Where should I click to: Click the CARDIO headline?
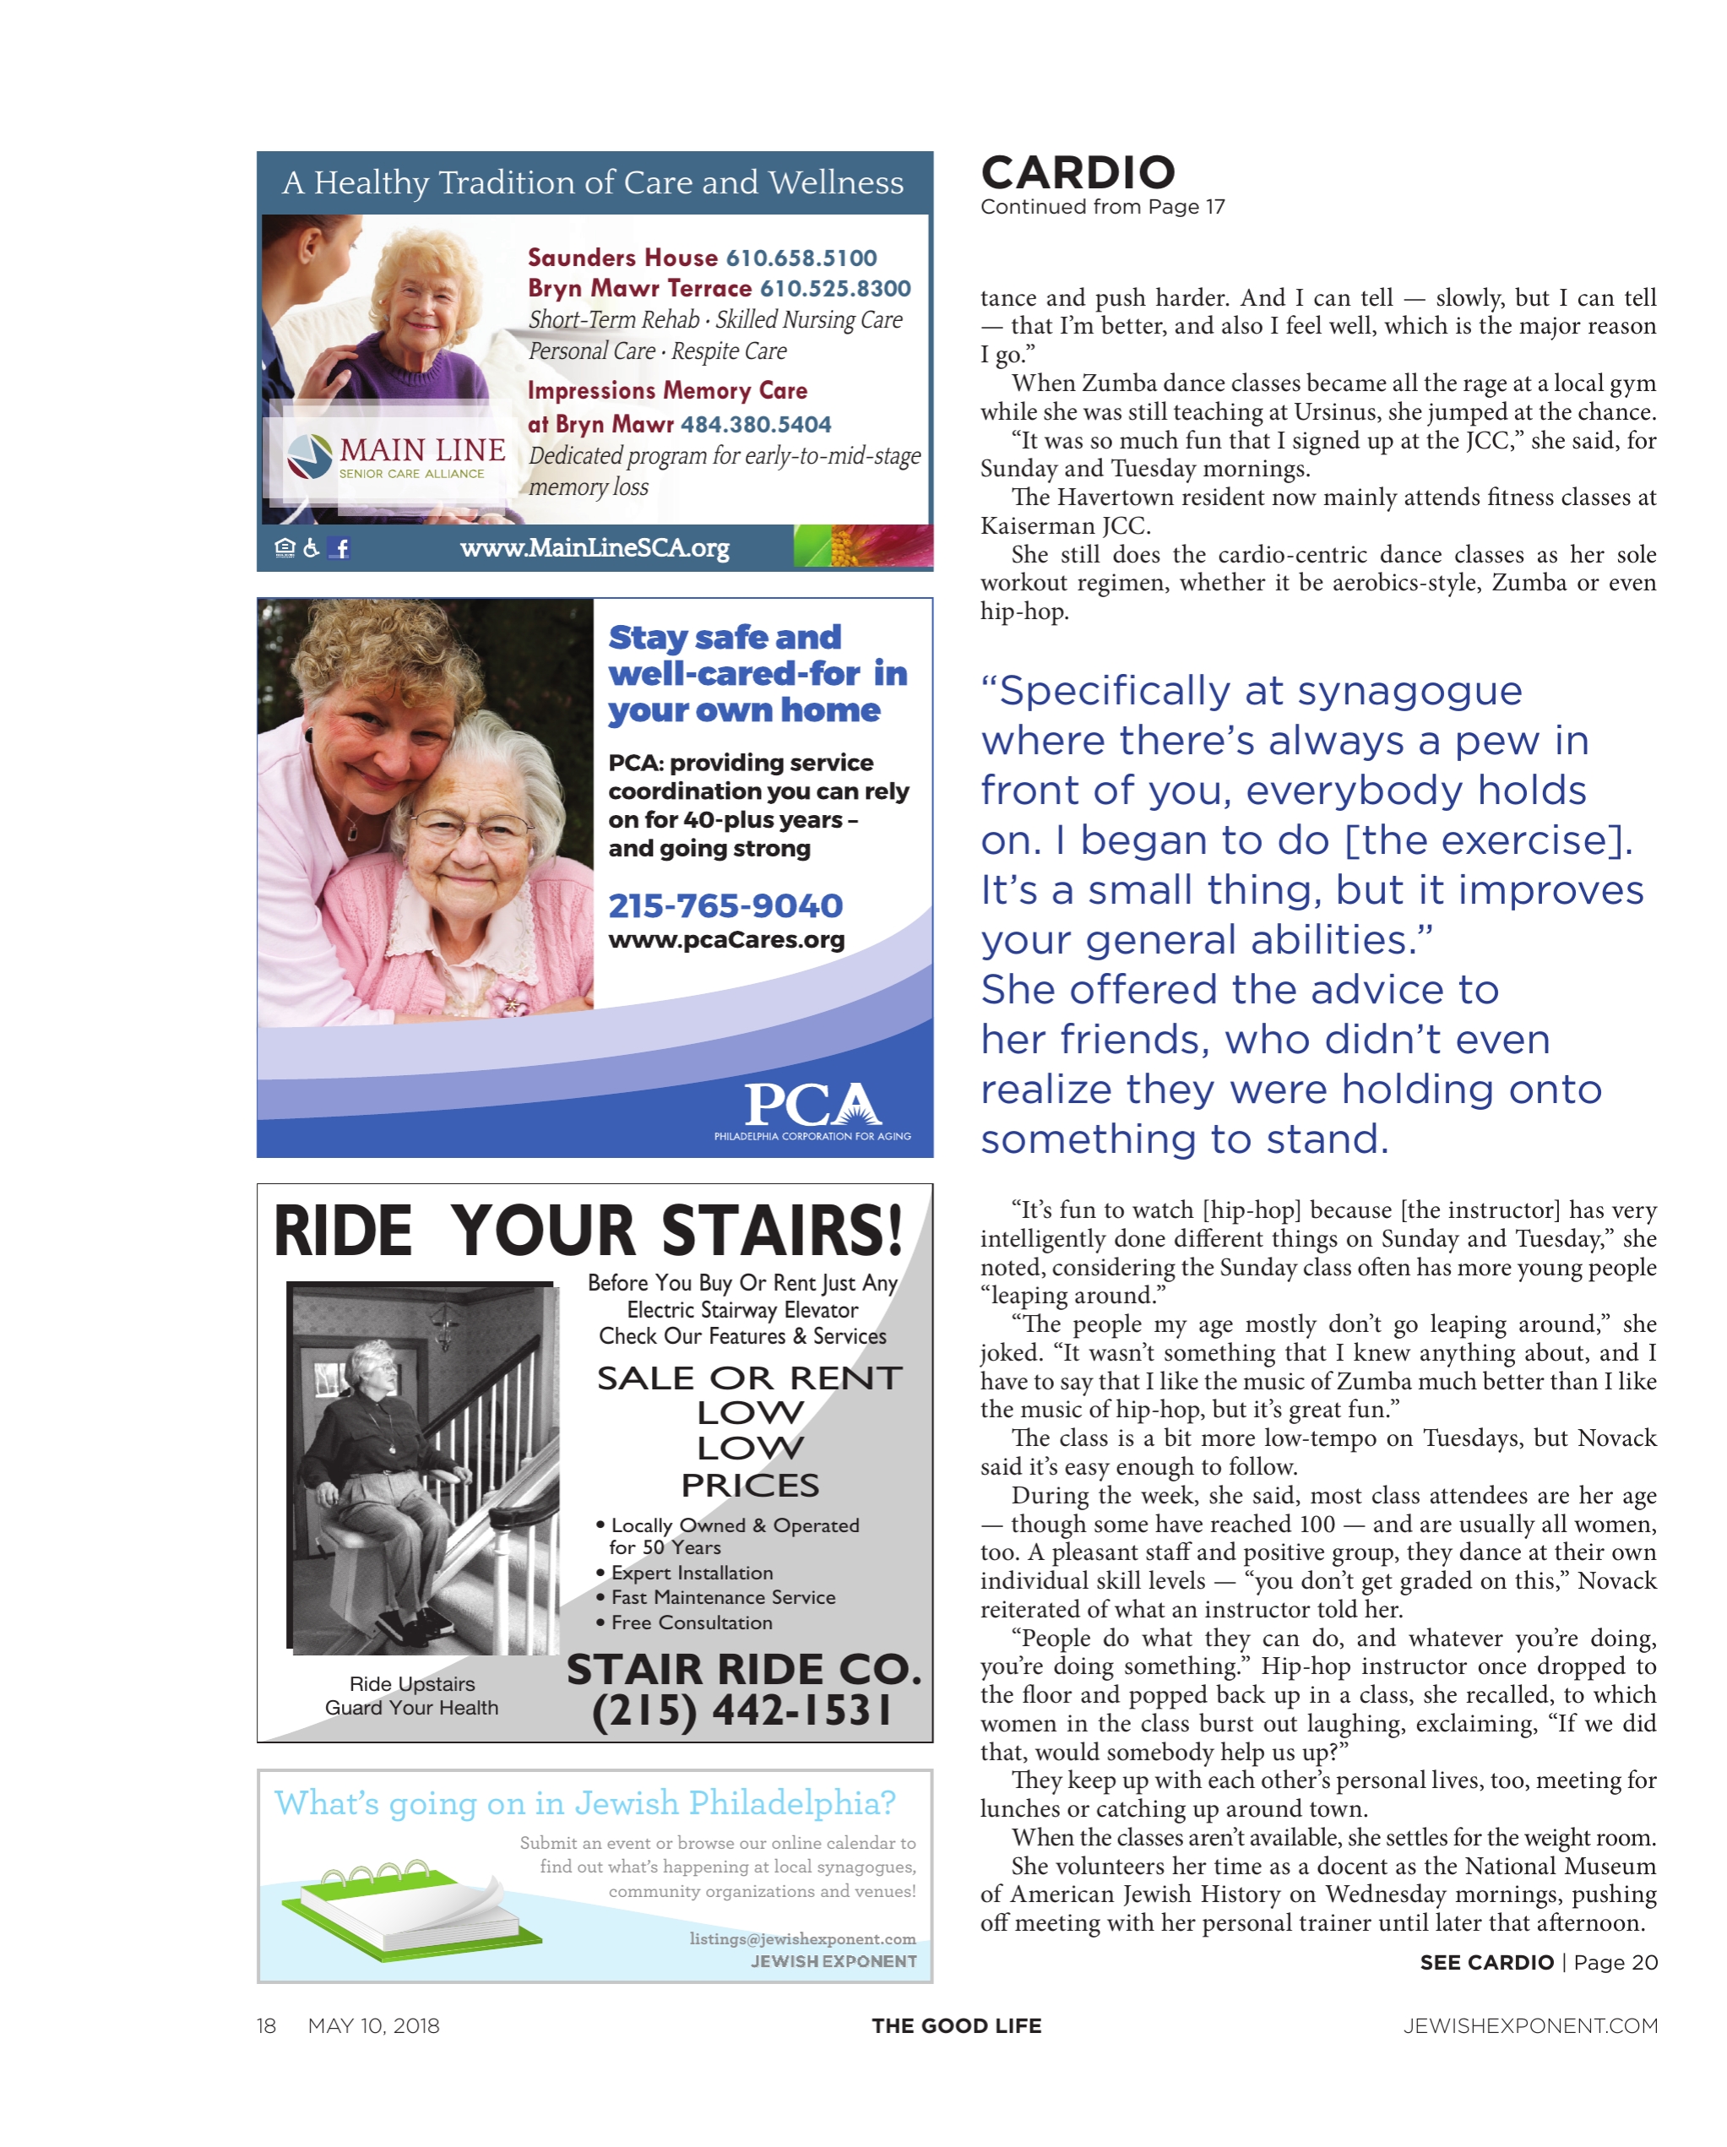click(1078, 173)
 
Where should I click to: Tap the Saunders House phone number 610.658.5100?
click(801, 258)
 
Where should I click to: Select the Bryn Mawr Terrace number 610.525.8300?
click(834, 289)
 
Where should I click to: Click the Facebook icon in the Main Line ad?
click(339, 547)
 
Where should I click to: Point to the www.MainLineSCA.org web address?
click(595, 547)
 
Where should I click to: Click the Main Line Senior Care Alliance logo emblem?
click(310, 456)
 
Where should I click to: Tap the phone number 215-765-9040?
click(725, 905)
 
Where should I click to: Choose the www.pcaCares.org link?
click(726, 940)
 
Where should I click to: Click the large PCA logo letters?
click(812, 1103)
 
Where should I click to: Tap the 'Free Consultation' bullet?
click(691, 1622)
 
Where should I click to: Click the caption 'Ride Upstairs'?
click(411, 1683)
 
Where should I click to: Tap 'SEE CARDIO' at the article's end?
click(1486, 1962)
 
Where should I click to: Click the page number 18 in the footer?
click(266, 2025)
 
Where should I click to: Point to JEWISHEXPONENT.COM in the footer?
click(1529, 2025)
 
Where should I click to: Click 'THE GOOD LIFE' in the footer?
click(956, 2025)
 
